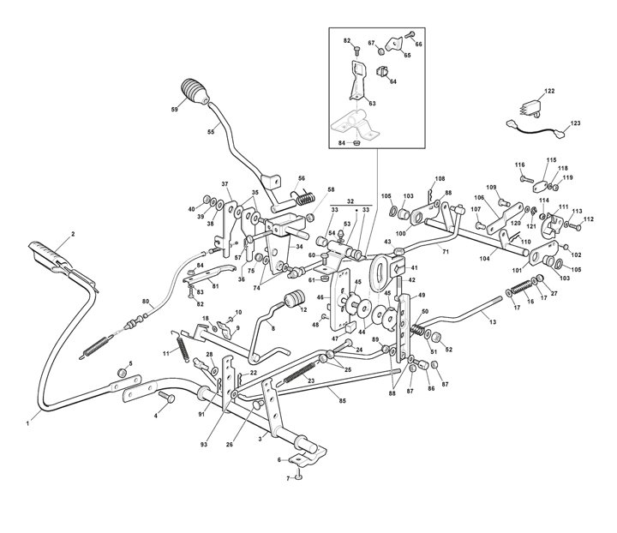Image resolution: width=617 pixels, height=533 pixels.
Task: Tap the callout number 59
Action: click(174, 110)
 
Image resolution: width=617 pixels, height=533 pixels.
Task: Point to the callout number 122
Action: click(549, 91)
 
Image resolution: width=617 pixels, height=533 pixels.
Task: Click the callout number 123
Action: click(575, 124)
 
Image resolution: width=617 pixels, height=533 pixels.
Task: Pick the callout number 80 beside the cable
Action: click(146, 301)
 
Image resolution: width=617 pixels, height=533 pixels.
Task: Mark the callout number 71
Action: click(445, 250)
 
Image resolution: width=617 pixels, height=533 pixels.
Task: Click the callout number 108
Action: click(440, 179)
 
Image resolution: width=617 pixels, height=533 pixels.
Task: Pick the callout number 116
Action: click(519, 165)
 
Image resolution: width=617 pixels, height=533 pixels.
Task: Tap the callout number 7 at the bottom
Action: click(287, 478)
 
